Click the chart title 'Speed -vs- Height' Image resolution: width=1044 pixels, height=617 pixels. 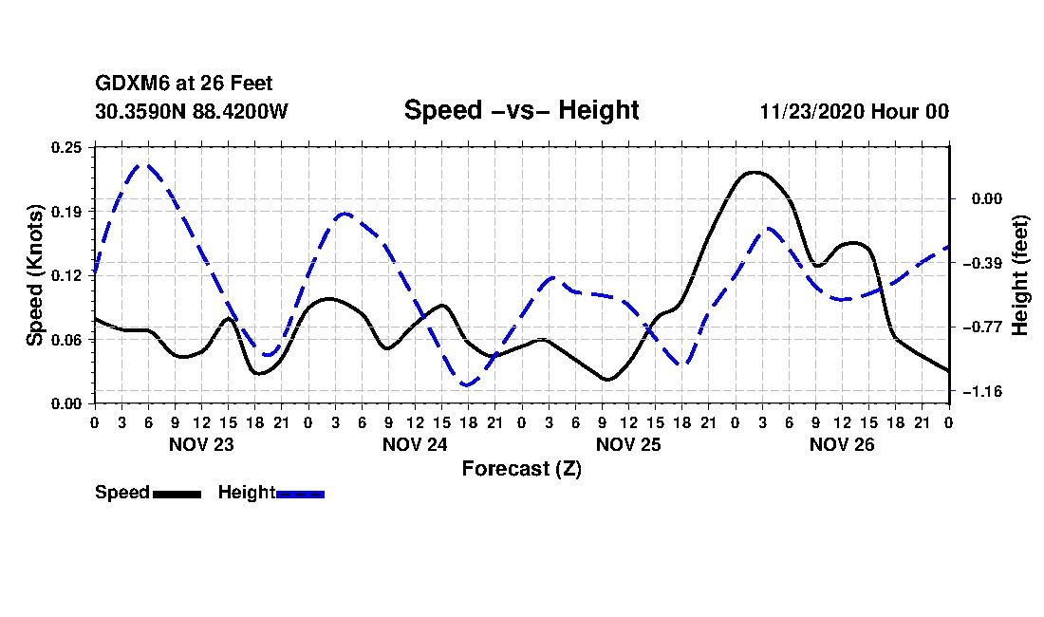point(521,110)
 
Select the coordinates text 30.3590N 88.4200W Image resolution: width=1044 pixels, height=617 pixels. point(192,111)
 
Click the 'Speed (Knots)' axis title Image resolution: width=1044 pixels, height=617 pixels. point(35,274)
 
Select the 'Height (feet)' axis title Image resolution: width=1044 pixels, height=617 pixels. point(1021,275)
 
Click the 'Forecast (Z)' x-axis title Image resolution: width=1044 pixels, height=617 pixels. point(521,468)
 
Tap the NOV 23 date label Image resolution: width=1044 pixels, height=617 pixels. point(200,444)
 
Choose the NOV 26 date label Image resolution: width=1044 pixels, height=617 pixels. point(842,444)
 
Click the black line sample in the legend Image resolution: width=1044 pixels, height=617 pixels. point(177,494)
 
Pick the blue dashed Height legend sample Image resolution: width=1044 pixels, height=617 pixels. point(300,494)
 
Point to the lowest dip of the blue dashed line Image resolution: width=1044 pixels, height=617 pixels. point(466,384)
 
